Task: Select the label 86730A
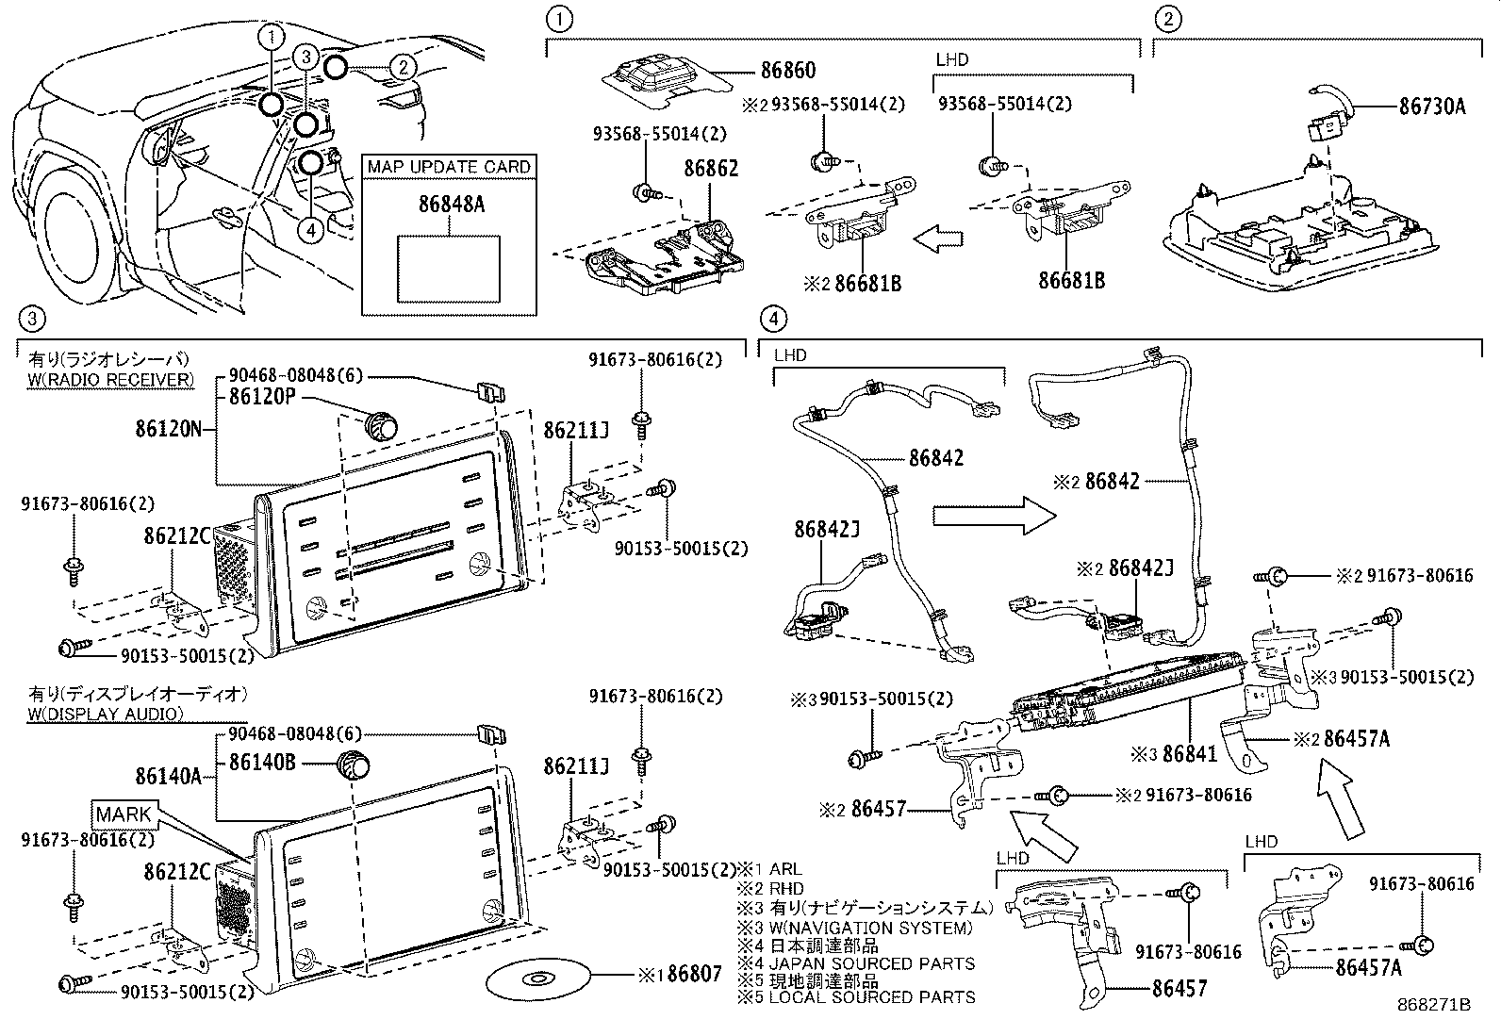(1431, 107)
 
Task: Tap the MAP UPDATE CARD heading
(449, 167)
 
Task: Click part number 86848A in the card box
(452, 203)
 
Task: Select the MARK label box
(123, 814)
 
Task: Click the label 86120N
(168, 431)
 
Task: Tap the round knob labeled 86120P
(381, 425)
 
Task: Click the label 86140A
(168, 776)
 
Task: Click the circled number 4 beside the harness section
(772, 320)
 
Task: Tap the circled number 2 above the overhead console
(1168, 19)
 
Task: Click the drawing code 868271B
(1433, 1005)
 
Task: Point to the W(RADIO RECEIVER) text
(111, 379)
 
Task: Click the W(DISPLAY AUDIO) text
(106, 714)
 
